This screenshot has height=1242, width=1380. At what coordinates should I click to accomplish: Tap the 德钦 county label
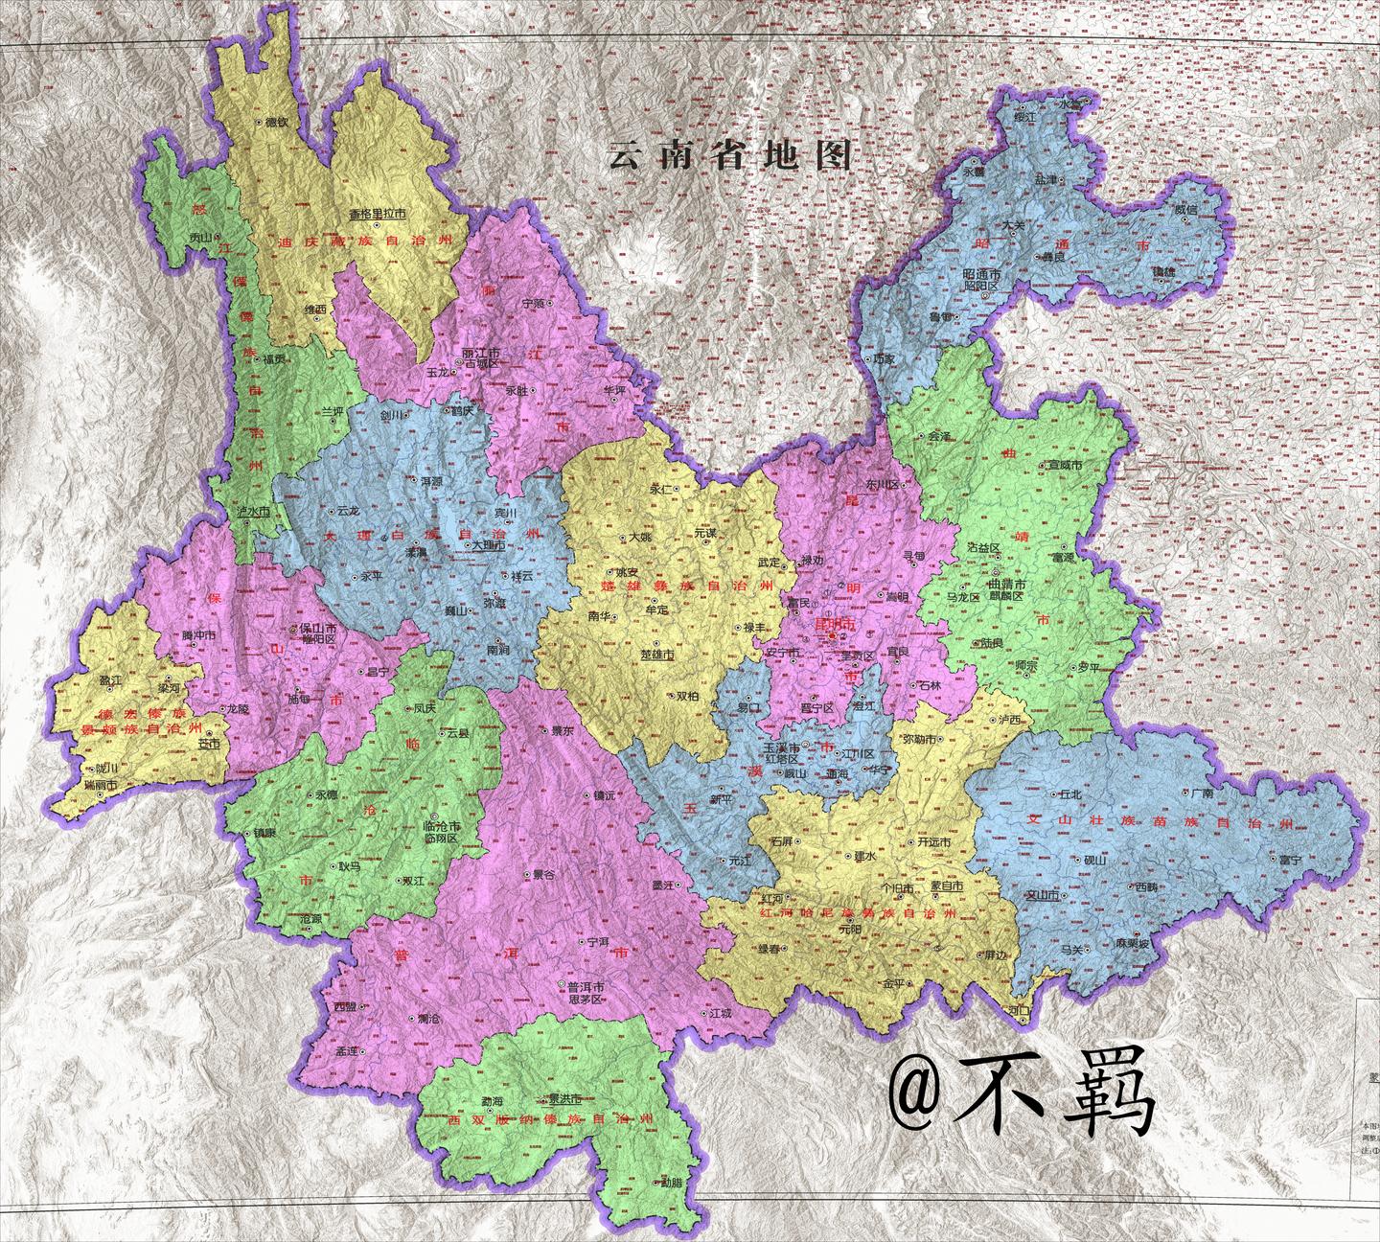point(276,123)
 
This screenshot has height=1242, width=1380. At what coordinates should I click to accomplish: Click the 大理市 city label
point(488,544)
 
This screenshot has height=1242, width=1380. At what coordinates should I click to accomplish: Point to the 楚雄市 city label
point(656,656)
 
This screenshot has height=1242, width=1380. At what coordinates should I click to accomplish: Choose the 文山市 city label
point(1041,895)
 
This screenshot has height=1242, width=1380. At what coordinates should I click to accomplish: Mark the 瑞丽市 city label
point(100,784)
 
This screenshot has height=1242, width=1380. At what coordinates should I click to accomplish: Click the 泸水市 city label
point(252,514)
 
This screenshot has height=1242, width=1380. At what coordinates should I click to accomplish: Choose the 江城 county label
point(721,1012)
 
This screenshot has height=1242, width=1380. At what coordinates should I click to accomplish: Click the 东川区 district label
point(879,485)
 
